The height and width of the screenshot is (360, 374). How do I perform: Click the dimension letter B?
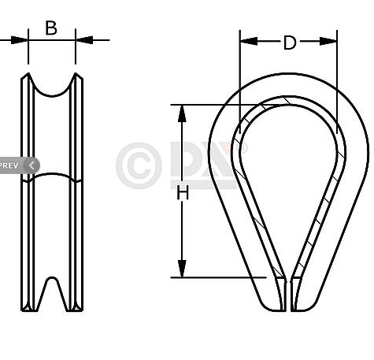tap(51, 28)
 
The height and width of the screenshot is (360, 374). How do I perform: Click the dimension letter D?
tap(290, 43)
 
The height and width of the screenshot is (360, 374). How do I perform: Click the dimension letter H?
tap(183, 191)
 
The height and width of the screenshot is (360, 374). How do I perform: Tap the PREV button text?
tap(9, 165)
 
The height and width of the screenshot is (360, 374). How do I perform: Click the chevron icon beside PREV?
tap(31, 165)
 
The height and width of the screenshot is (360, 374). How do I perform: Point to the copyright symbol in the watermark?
tap(139, 165)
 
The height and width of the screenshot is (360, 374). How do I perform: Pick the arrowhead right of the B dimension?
tap(83, 39)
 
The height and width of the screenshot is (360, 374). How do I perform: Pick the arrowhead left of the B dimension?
tap(21, 39)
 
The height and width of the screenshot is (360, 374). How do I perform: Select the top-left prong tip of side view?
tap(27, 76)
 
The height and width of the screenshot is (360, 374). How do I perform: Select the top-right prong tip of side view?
tap(77, 76)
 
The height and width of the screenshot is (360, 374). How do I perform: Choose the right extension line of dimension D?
tap(337, 87)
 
